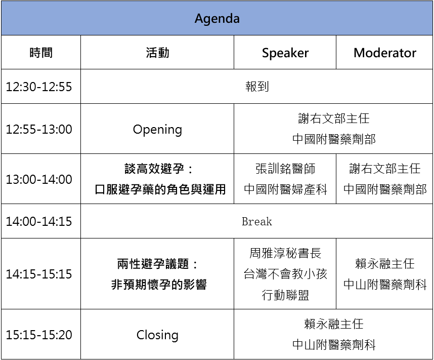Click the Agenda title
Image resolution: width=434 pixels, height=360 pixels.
tap(217, 19)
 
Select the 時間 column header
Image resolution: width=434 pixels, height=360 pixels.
tap(41, 53)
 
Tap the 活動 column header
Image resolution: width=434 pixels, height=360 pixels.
tap(157, 53)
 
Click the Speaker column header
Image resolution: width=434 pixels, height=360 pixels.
tap(285, 53)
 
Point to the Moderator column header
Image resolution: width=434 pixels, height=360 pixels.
tap(385, 53)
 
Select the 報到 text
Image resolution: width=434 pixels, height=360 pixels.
tap(257, 87)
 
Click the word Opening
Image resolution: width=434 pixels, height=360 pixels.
tap(157, 130)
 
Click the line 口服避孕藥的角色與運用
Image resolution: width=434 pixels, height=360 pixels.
tap(160, 189)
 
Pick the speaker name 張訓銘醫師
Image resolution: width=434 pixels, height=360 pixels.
tap(285, 169)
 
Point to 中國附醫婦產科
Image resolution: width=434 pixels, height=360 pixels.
tap(285, 189)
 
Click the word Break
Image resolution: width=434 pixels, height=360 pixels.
tap(257, 221)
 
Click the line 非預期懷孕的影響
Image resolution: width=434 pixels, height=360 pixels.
tap(159, 285)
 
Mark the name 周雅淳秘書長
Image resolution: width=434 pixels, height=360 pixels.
tap(285, 253)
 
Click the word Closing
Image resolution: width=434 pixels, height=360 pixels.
tap(157, 335)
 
